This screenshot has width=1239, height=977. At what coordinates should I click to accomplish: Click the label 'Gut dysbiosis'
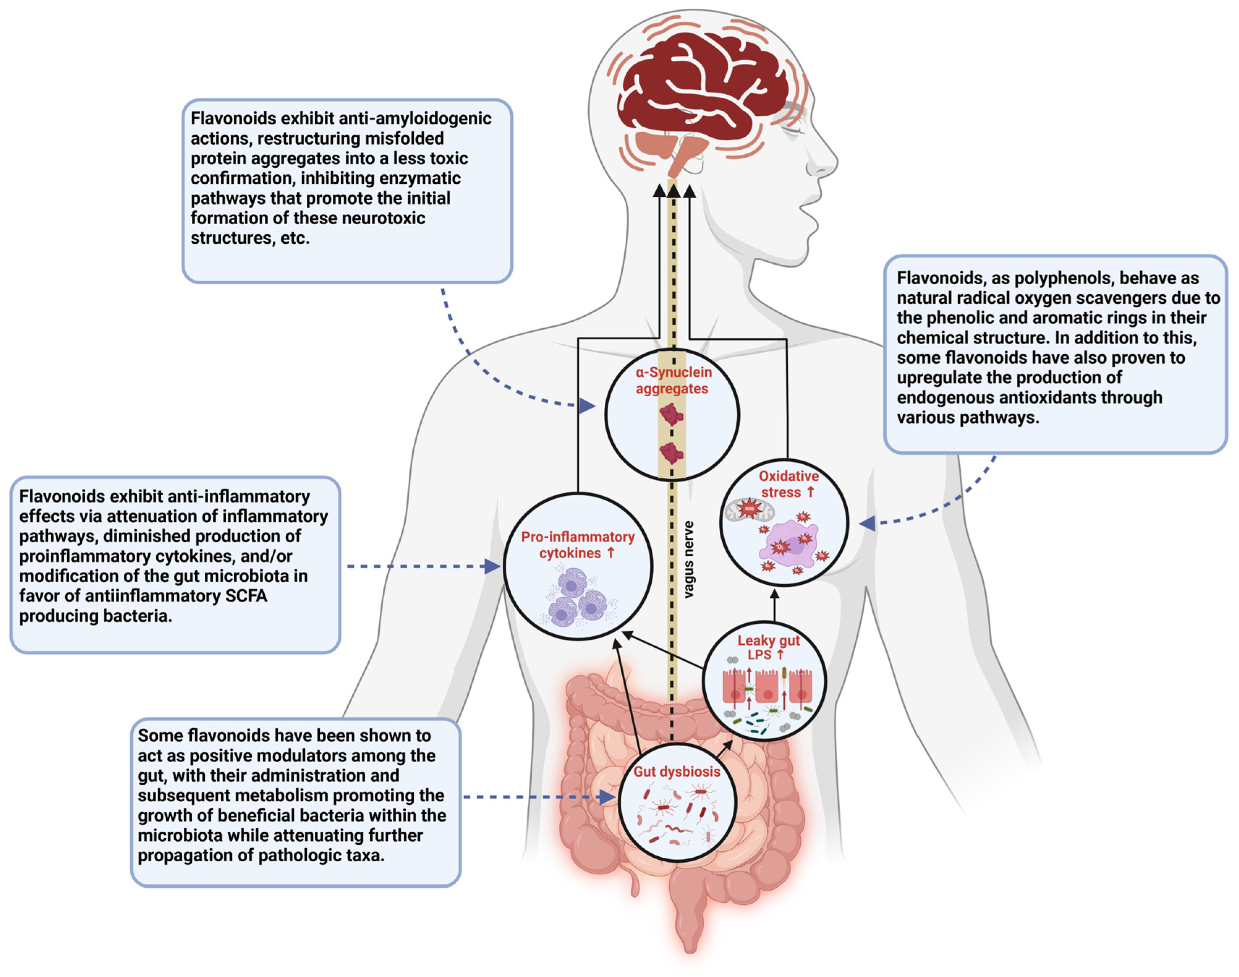tap(676, 772)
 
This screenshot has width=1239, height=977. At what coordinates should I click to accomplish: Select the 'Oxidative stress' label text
tap(788, 484)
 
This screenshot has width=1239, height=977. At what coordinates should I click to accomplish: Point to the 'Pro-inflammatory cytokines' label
tap(578, 545)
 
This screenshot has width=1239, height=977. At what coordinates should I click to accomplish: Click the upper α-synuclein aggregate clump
tap(671, 414)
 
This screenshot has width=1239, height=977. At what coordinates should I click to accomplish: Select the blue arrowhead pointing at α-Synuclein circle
tap(587, 406)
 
